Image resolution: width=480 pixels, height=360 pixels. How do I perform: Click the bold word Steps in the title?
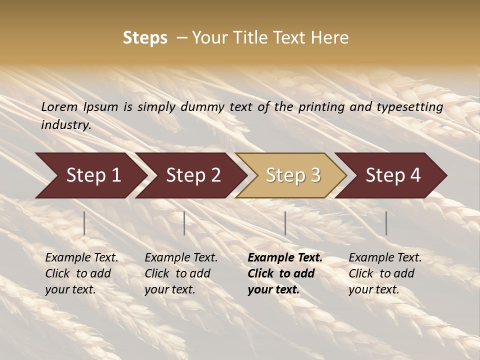point(145,37)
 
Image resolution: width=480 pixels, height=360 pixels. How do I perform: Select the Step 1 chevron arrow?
point(90,175)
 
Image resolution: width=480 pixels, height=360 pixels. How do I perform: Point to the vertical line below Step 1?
point(84,223)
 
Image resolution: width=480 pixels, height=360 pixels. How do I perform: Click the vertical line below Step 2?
point(184,223)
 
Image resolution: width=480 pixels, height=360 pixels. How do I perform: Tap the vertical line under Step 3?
point(285,223)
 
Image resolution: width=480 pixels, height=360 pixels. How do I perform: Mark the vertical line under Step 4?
point(386,223)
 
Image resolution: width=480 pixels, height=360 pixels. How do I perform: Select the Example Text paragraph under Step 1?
point(81,273)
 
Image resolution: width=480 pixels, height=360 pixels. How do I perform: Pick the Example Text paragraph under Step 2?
point(181,273)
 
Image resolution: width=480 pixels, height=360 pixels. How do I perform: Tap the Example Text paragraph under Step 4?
point(385,273)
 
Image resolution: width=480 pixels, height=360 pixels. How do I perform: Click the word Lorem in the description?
point(59,107)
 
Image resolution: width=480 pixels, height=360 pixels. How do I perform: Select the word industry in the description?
point(66,125)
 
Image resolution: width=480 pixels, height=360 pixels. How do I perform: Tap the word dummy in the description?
point(200,107)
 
